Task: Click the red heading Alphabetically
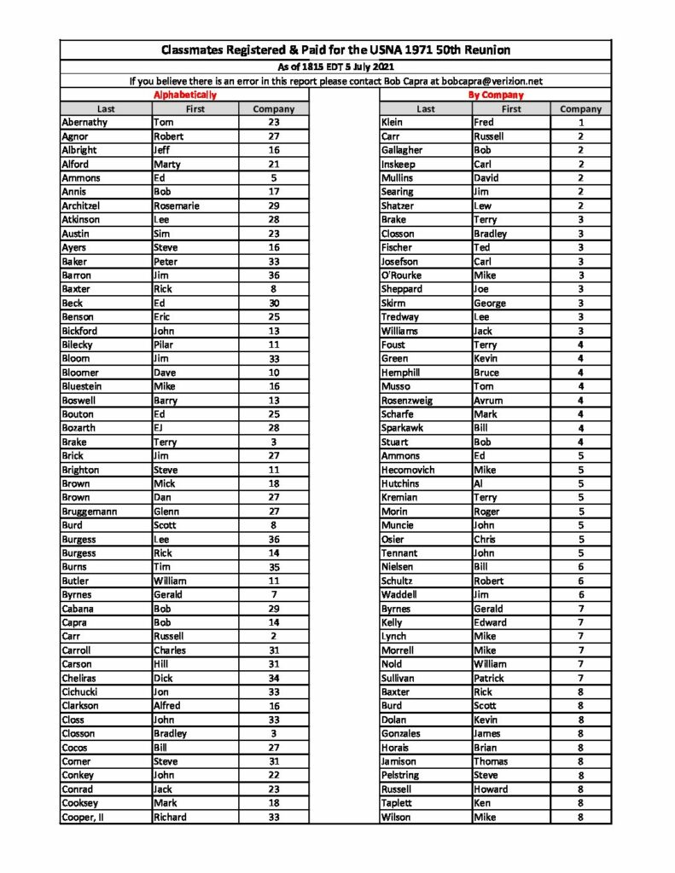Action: (184, 95)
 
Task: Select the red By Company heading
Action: (496, 95)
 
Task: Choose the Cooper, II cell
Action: (88, 817)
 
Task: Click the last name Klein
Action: (397, 123)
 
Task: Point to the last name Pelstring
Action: (405, 775)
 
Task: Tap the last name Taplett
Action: (400, 803)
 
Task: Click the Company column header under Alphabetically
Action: (275, 109)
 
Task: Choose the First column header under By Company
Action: (511, 109)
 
